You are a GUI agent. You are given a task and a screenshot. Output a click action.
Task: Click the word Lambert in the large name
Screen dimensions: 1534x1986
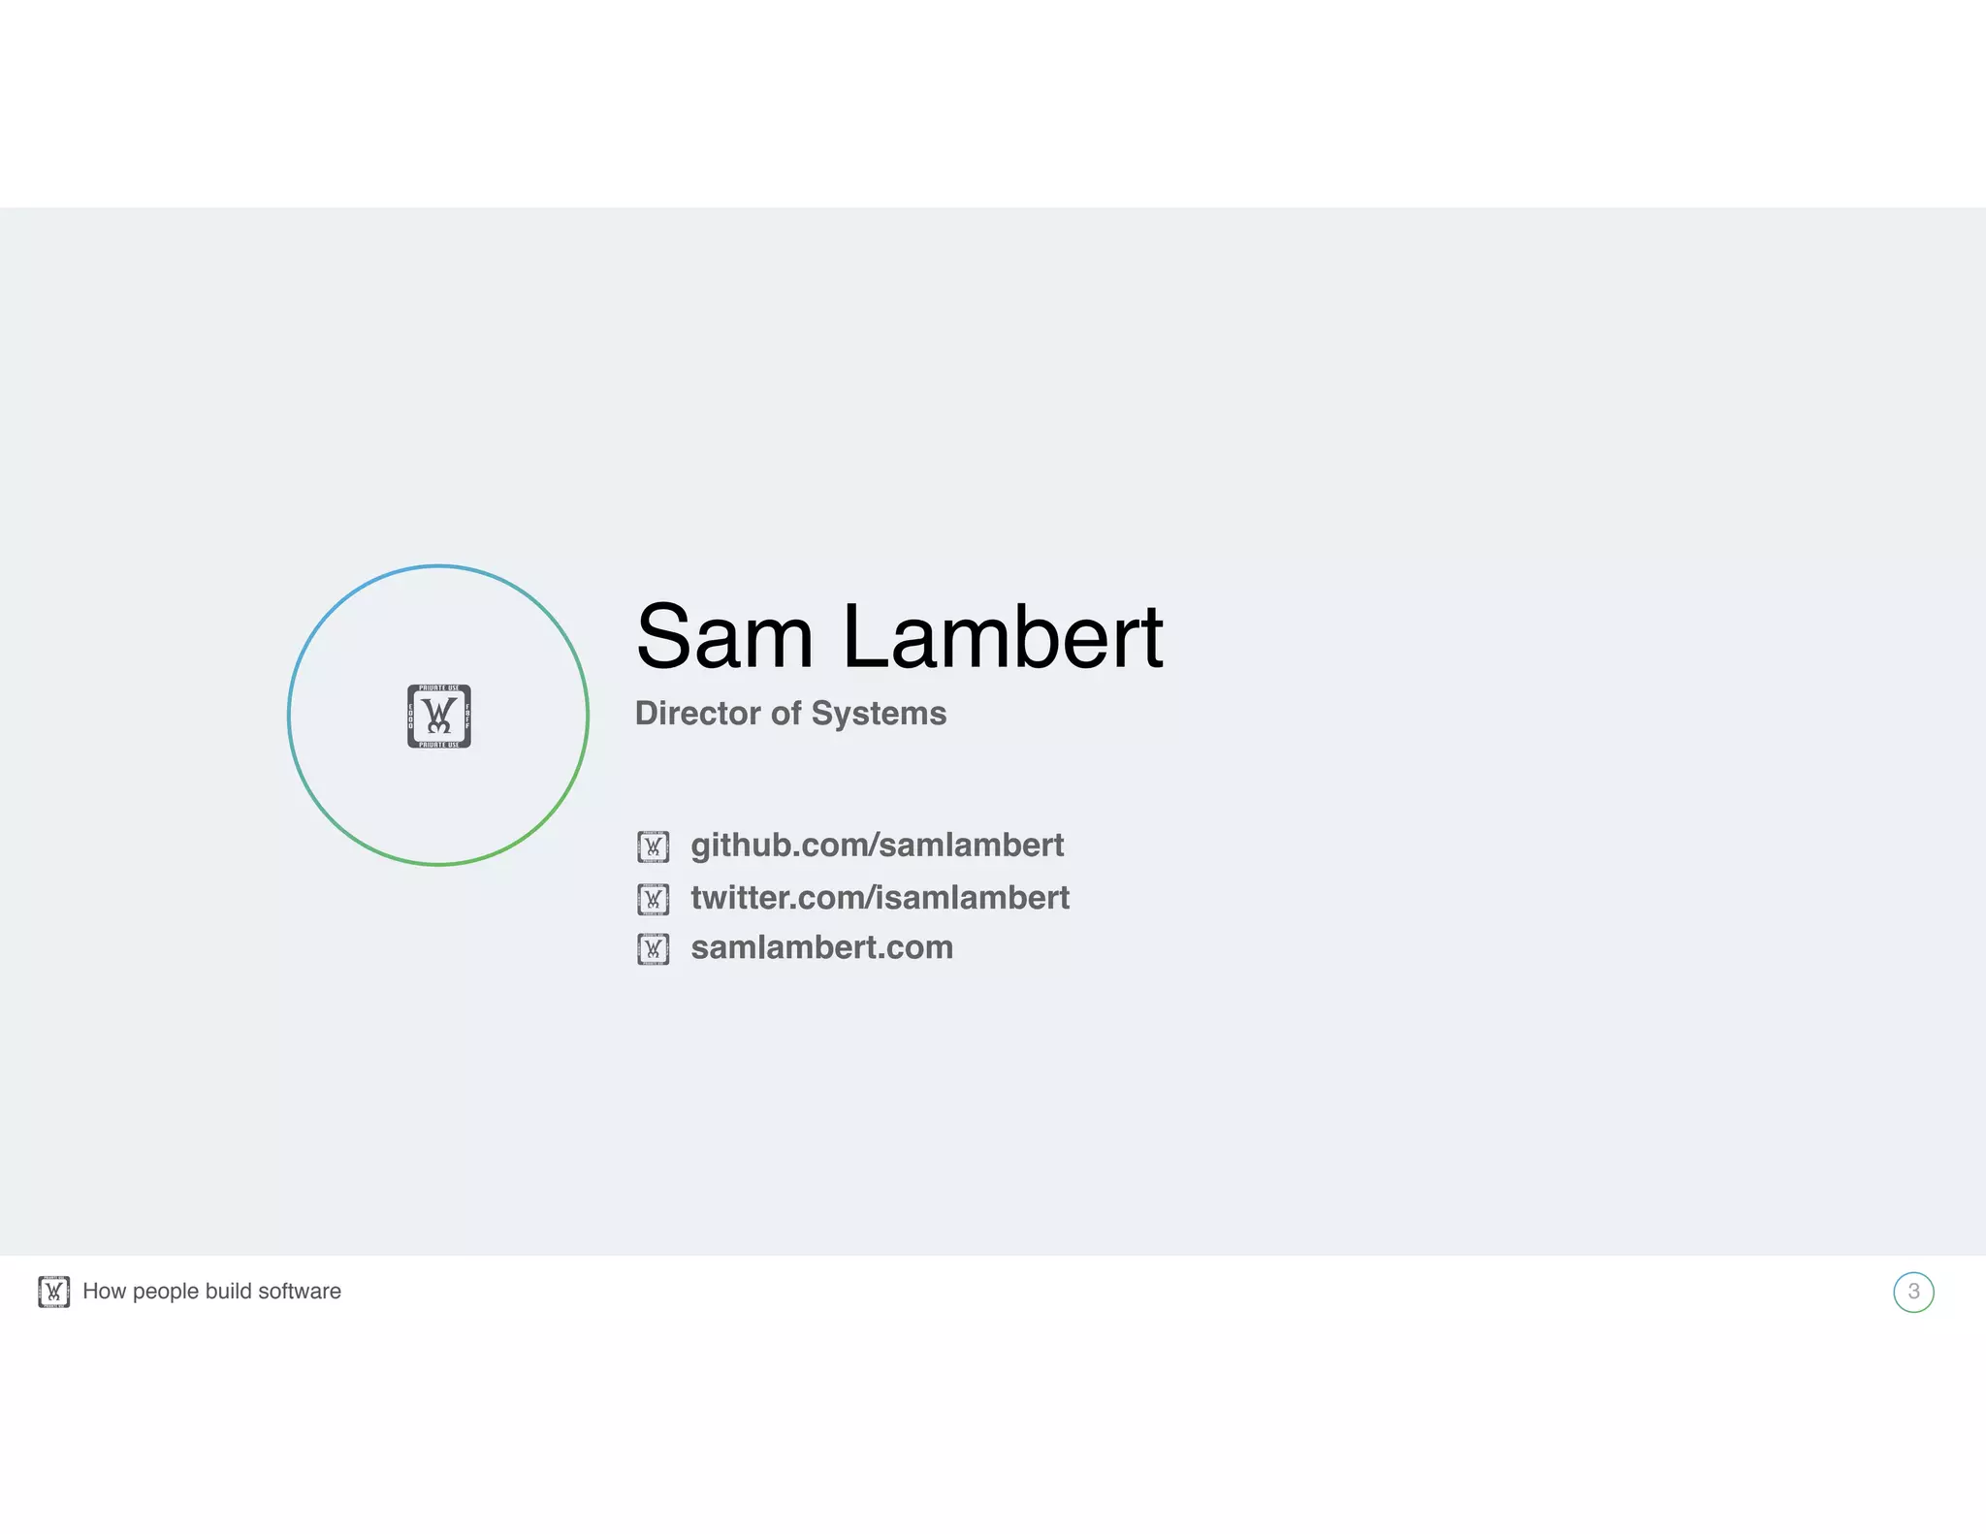[1003, 637]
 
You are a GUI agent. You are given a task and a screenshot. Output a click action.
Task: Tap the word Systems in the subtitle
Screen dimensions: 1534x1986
[879, 714]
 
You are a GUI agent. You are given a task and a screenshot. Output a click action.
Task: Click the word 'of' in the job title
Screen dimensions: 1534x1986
[785, 714]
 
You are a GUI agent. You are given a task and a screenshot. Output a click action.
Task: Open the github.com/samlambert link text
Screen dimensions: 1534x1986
[877, 846]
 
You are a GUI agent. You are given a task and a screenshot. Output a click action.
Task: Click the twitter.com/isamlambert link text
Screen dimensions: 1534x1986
[880, 898]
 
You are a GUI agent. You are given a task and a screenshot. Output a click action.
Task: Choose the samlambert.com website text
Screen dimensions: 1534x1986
[821, 947]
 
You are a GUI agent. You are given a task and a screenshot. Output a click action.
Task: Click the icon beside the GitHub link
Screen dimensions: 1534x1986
[653, 847]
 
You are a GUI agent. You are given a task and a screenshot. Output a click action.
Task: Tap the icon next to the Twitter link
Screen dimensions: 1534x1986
[653, 899]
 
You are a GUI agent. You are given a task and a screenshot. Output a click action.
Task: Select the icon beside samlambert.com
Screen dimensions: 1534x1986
[653, 948]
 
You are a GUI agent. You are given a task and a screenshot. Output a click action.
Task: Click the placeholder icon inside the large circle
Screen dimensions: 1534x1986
[439, 717]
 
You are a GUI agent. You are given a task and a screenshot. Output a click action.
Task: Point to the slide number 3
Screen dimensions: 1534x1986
[1913, 1292]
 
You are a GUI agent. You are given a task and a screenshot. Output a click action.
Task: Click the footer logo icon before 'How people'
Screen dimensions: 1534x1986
[54, 1292]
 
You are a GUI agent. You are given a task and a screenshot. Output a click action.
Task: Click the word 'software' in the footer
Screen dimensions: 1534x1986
[300, 1292]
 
